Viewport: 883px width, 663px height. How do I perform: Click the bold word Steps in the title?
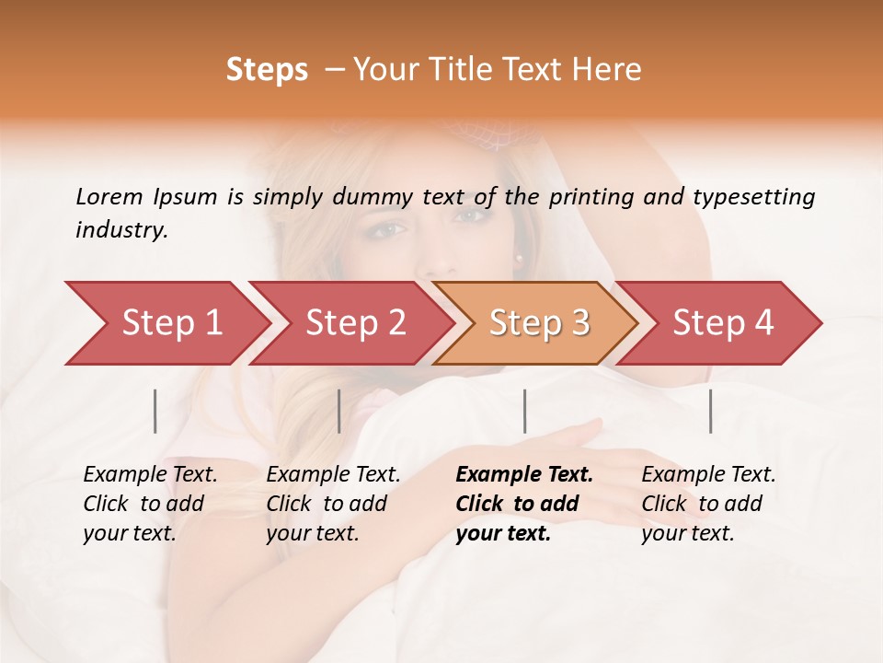267,70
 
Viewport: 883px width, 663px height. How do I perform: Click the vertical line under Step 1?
155,411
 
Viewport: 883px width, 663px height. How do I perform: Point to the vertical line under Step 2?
339,411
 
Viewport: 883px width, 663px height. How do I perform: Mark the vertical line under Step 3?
525,411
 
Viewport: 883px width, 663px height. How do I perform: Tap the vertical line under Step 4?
711,411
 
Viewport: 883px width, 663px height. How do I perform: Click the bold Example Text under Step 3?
524,475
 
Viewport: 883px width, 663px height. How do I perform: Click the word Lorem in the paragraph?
109,197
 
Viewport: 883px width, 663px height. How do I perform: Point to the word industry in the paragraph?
120,230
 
